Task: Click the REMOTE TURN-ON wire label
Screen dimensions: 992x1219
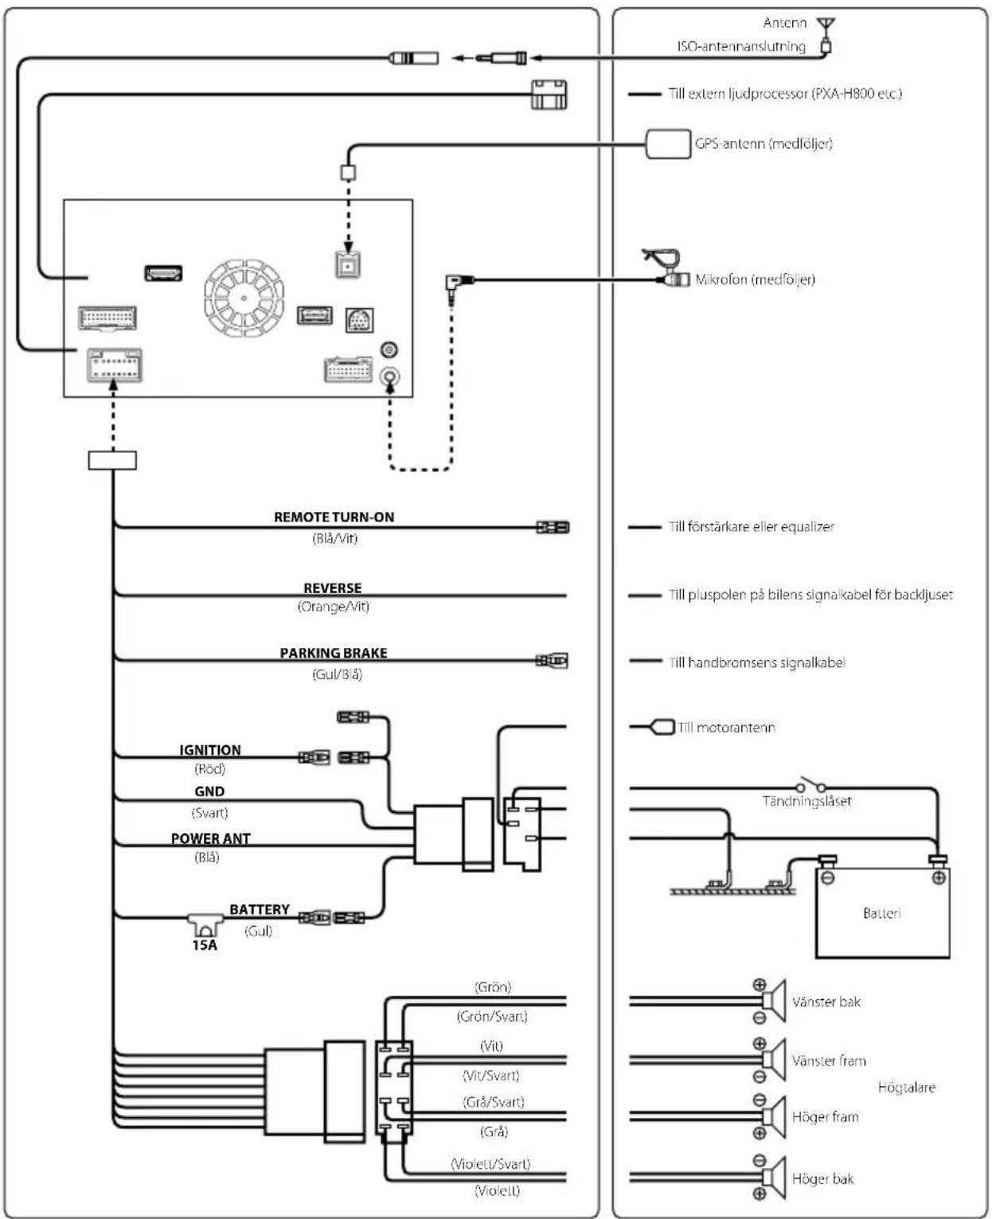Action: (x=334, y=517)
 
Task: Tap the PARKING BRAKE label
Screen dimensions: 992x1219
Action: (x=334, y=653)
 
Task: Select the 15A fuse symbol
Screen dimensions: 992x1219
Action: (x=205, y=924)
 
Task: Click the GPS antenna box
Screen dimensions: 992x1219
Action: (x=668, y=143)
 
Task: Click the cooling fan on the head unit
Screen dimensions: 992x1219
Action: (x=244, y=298)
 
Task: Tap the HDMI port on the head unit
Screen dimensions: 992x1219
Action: (x=164, y=273)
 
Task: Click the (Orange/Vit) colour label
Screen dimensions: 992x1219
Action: (x=334, y=607)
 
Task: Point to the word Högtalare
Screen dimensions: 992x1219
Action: (x=907, y=1088)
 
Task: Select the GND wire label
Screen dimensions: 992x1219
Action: (x=209, y=791)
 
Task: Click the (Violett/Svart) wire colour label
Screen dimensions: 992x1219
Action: (x=490, y=1164)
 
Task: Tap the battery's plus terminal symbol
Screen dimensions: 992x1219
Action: (x=938, y=878)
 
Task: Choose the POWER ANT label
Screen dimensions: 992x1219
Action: (x=210, y=839)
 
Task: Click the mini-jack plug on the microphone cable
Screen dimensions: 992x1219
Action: (x=460, y=283)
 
